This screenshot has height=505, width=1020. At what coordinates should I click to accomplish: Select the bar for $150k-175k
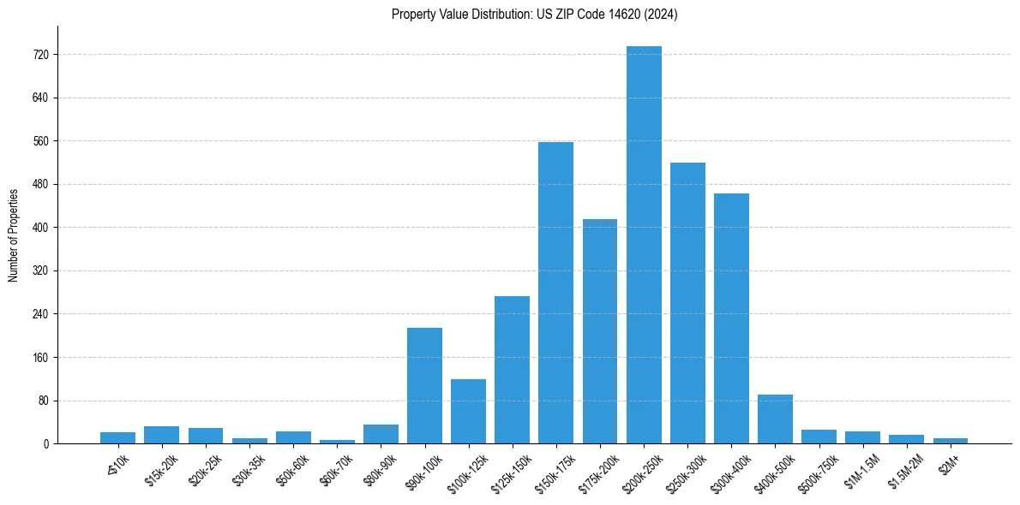(x=555, y=293)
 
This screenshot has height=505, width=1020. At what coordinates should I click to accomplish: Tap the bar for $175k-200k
(x=599, y=331)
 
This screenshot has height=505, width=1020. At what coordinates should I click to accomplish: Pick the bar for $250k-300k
(x=687, y=303)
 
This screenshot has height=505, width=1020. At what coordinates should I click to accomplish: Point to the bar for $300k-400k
(x=731, y=318)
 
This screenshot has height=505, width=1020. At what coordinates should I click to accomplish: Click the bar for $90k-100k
(x=424, y=385)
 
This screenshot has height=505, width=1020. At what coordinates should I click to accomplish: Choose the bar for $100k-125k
(x=468, y=411)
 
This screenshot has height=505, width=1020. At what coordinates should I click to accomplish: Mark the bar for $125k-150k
(x=512, y=370)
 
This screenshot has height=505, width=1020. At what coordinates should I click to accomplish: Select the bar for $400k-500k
(x=775, y=419)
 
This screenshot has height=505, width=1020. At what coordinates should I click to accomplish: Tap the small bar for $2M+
(x=951, y=441)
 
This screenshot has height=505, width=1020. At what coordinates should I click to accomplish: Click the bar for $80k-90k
(x=381, y=434)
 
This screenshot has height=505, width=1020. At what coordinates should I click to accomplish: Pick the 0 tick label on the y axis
(x=49, y=443)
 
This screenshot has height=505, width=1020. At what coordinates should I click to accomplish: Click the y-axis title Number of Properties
(x=13, y=235)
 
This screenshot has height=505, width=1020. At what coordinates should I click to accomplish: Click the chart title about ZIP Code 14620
(x=534, y=15)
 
